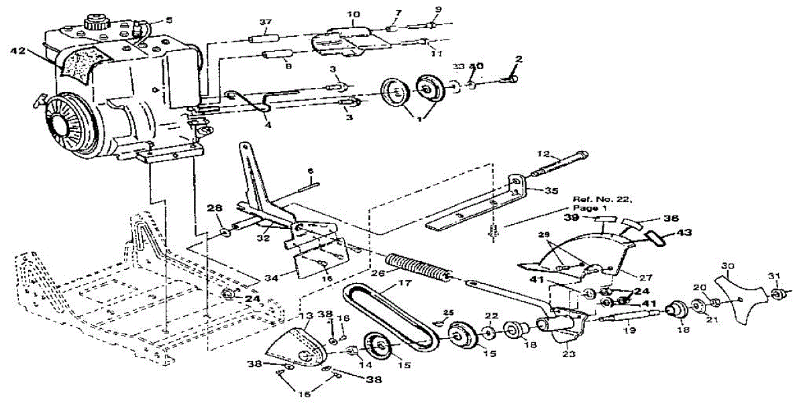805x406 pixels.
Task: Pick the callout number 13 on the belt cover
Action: tap(305, 316)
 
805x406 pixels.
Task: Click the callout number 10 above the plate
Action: tap(354, 15)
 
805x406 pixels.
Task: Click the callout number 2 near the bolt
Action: tap(517, 60)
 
